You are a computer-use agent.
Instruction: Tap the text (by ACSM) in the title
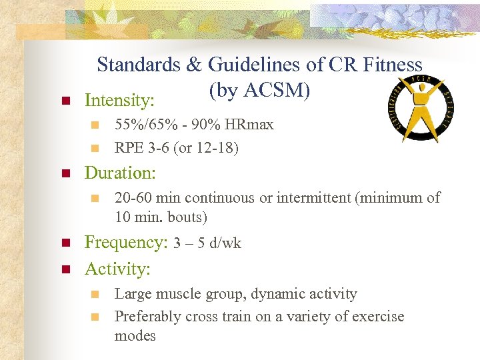[259, 90]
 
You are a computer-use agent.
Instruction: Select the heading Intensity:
[119, 101]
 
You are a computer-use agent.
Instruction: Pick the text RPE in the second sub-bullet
[129, 147]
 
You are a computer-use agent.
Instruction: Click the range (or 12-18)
[211, 147]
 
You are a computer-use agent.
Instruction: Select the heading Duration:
[120, 173]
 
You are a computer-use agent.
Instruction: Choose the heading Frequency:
[126, 243]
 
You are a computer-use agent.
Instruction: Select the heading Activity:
[117, 269]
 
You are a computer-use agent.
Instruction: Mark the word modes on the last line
[135, 335]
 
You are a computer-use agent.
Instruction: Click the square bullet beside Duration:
[65, 174]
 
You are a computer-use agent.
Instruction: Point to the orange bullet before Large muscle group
[95, 294]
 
